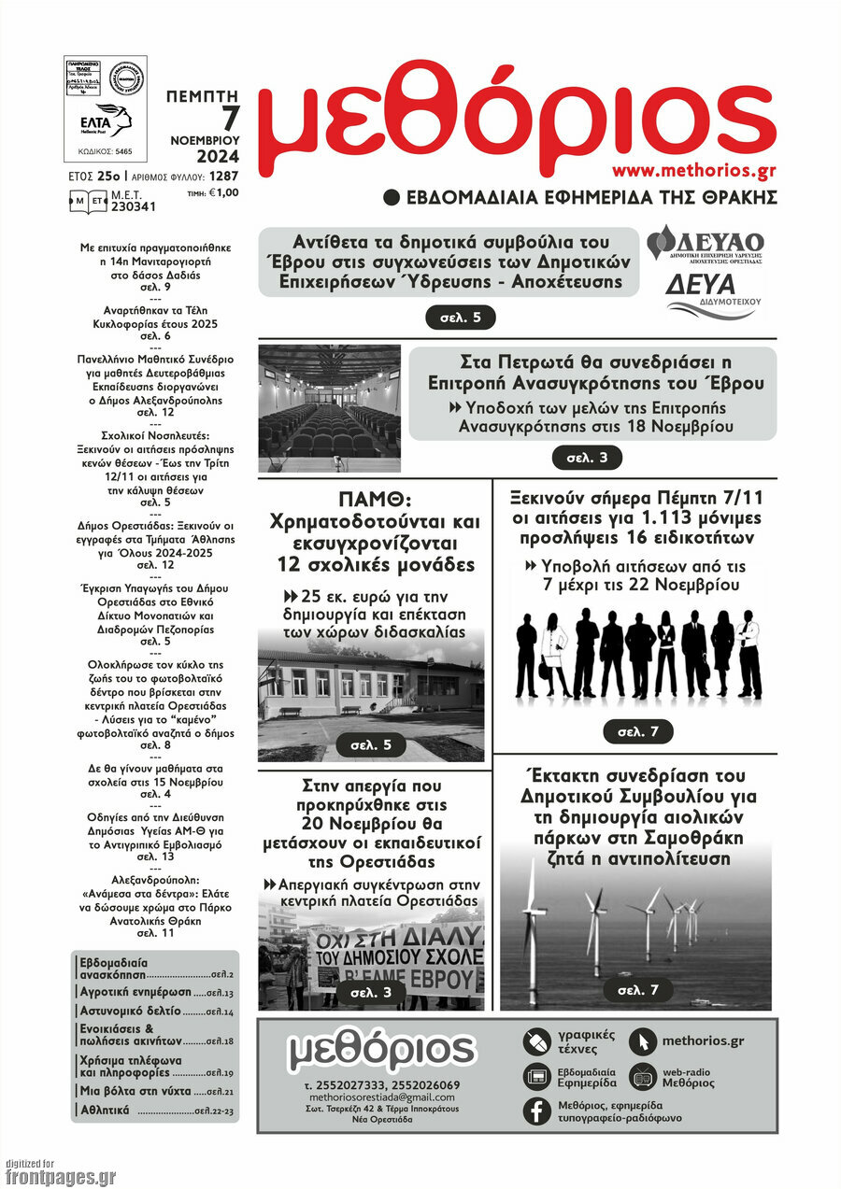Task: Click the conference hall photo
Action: point(329,408)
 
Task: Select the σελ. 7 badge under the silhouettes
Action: point(637,732)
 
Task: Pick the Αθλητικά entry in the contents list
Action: point(105,1111)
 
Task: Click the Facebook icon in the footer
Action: point(537,1111)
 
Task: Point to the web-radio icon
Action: point(643,1077)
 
